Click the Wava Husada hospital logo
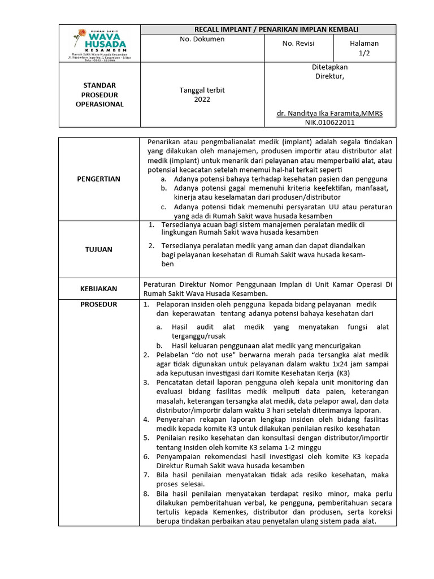tap(99, 43)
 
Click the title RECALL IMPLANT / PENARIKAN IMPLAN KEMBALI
tap(268, 29)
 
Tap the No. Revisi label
tap(298, 44)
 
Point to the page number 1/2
tap(364, 53)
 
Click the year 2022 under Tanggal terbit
tap(202, 100)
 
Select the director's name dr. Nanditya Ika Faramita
tap(329, 113)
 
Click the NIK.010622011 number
tap(330, 122)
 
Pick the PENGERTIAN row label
tap(99, 179)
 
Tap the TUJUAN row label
tap(99, 249)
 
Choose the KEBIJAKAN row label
tap(99, 288)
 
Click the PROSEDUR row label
tap(99, 304)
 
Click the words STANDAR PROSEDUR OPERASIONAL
tap(99, 95)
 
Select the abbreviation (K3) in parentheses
tap(342, 374)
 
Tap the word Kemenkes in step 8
tap(244, 512)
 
